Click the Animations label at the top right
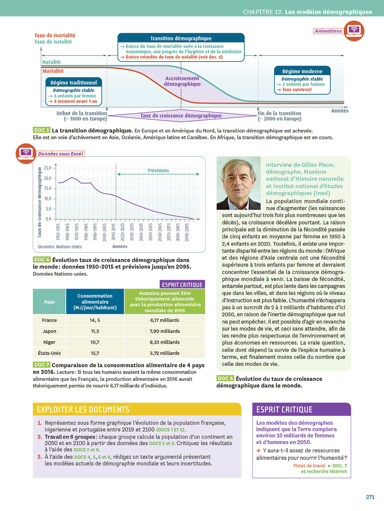[x=328, y=31]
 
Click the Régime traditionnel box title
[x=73, y=83]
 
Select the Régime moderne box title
[x=302, y=72]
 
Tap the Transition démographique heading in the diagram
[x=181, y=38]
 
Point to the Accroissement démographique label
[x=182, y=81]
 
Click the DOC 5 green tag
[x=42, y=130]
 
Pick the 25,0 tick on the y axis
[x=47, y=168]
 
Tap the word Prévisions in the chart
[x=158, y=171]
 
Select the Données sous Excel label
[x=60, y=154]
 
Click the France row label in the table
[x=49, y=320]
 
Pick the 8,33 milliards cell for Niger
[x=165, y=342]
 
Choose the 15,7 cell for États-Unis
[x=95, y=353]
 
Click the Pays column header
[x=49, y=302]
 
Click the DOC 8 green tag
[x=225, y=378]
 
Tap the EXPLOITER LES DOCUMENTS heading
[x=83, y=409]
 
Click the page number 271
[x=370, y=497]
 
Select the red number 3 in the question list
[x=40, y=457]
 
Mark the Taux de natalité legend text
[x=53, y=42]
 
